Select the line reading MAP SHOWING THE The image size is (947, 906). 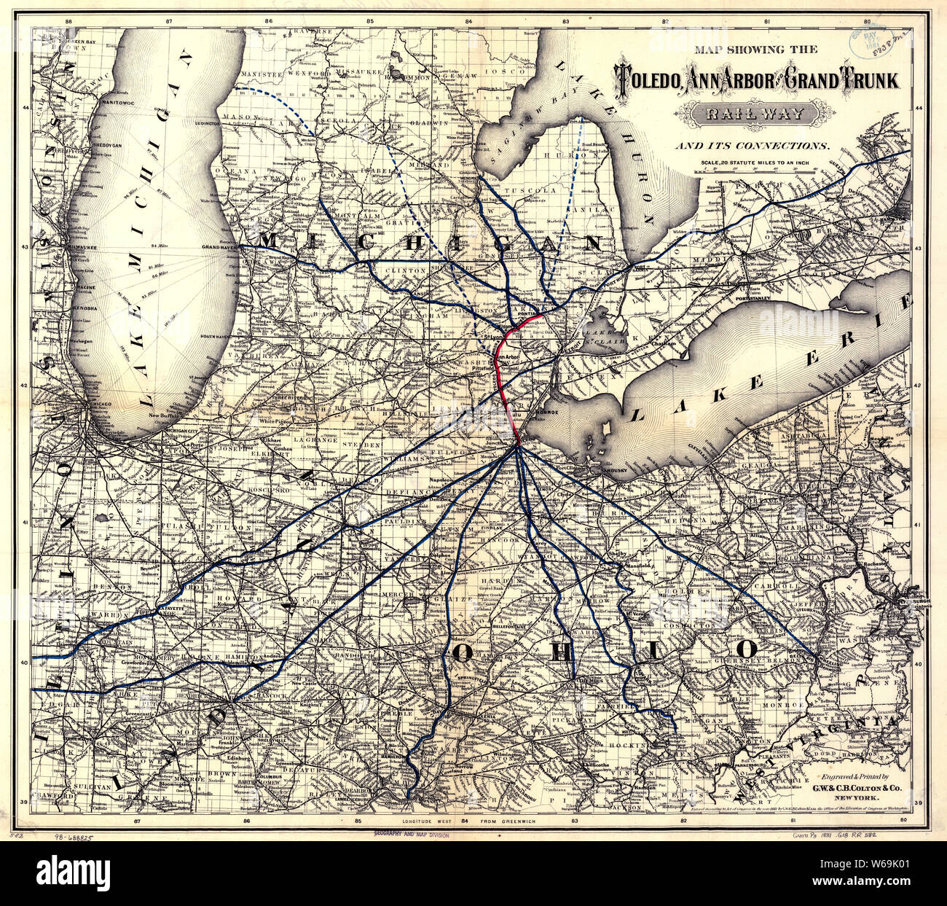[x=755, y=50]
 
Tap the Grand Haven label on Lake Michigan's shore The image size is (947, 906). [x=221, y=248]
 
